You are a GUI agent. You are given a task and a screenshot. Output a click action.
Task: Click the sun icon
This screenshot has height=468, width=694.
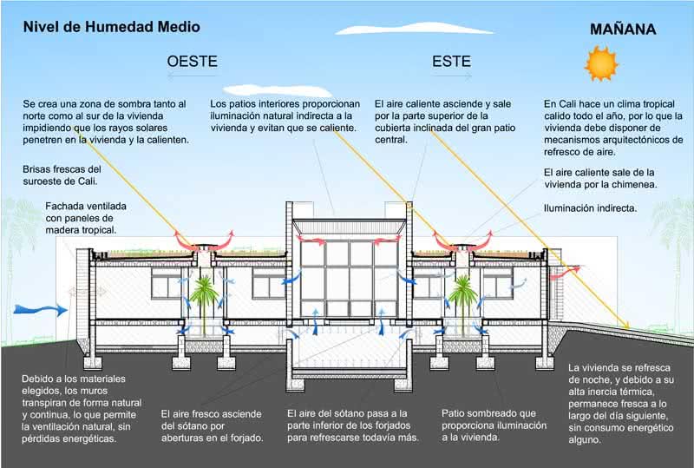pos(599,63)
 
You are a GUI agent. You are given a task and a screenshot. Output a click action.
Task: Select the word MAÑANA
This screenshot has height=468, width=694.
pos(623,30)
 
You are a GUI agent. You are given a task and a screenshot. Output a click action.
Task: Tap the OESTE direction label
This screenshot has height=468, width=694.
pos(192,62)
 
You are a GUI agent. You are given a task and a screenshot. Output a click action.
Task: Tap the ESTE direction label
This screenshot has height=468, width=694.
pos(451,62)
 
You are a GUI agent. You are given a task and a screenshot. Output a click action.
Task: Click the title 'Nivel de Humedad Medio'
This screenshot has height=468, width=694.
pos(112,27)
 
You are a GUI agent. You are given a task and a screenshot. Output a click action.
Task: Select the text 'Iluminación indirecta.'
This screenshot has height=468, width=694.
pos(590,208)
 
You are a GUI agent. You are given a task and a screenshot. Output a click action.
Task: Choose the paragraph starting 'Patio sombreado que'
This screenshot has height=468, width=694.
pos(494,425)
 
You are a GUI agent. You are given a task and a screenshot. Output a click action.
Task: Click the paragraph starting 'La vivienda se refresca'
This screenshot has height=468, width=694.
pos(621,404)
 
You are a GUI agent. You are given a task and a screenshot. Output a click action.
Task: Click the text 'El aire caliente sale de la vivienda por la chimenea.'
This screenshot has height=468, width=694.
pos(599,178)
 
